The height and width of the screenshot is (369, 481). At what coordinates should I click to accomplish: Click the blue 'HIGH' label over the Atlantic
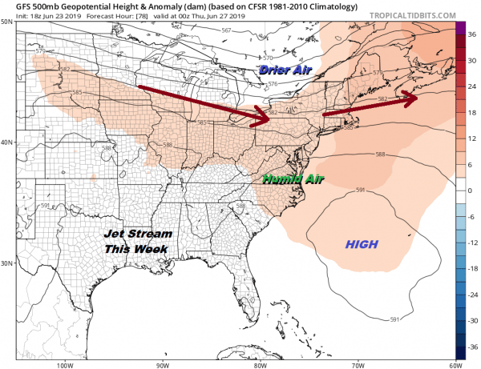[361, 243]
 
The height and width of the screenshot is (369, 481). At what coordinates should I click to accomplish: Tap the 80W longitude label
[260, 365]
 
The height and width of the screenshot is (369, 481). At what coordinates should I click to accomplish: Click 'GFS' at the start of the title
[12, 6]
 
